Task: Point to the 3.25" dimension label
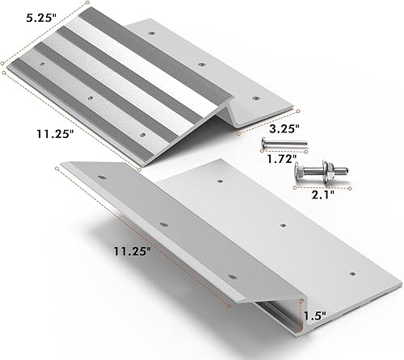[x=283, y=127]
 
